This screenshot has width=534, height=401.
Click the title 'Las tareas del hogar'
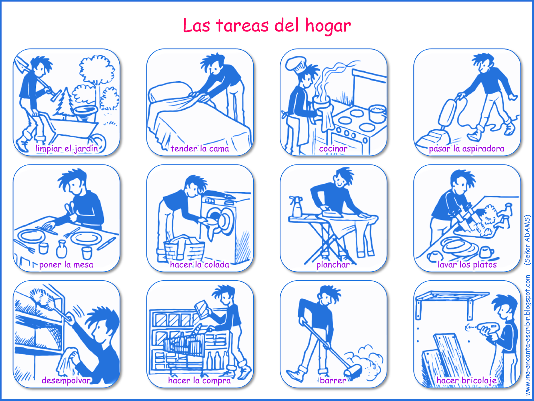pos(267,25)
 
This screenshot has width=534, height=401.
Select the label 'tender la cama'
pos(200,148)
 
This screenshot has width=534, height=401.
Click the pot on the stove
pos(377,114)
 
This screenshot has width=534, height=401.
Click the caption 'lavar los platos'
pos(467,265)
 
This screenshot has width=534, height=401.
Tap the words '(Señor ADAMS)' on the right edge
pos(527,240)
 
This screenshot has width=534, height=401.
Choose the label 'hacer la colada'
pos(200,265)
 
